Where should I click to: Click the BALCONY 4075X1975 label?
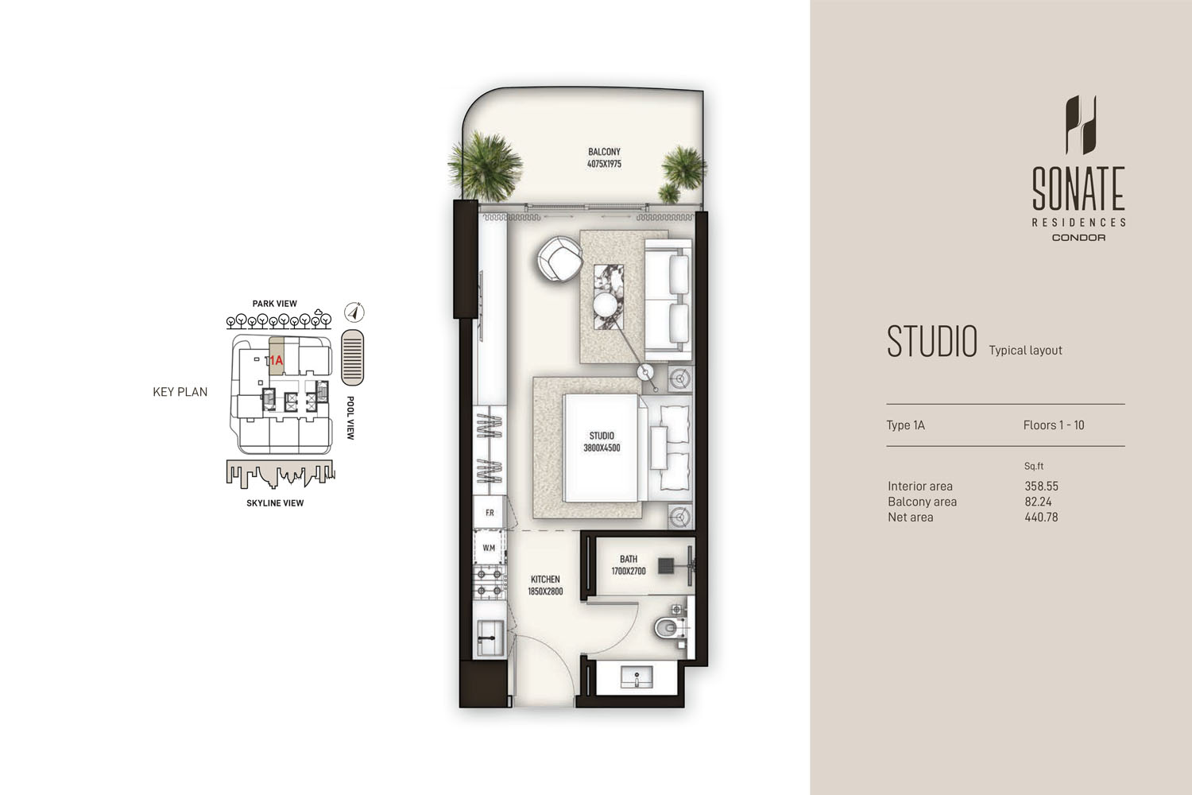[604, 157]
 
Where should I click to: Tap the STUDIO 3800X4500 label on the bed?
[602, 442]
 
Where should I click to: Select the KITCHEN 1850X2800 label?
[545, 585]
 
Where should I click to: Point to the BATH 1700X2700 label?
[628, 565]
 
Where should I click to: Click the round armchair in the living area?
[559, 259]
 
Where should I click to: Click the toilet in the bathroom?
[670, 628]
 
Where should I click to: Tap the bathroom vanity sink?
[637, 678]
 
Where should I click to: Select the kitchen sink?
[490, 637]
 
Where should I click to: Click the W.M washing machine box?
[489, 548]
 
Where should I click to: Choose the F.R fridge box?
[490, 513]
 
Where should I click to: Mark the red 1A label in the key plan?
[276, 360]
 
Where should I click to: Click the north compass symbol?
[354, 312]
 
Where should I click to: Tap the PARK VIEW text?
[274, 304]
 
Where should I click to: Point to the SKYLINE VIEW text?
[275, 503]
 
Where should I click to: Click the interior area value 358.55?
[1041, 486]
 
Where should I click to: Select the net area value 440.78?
[1041, 517]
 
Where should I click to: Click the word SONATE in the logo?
[1078, 188]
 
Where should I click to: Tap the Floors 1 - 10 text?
[1054, 425]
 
